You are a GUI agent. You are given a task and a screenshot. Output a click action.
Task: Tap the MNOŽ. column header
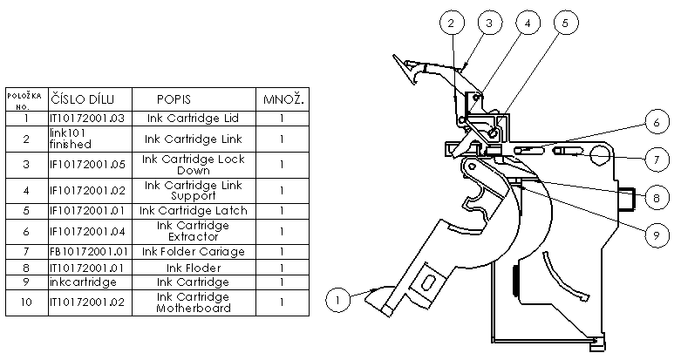coord(283,99)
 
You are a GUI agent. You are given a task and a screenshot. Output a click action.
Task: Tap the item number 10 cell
coord(27,302)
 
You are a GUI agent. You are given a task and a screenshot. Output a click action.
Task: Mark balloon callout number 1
coord(338,299)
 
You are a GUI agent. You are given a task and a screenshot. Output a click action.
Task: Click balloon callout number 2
coord(450,24)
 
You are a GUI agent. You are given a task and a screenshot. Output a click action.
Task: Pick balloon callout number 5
coord(564,24)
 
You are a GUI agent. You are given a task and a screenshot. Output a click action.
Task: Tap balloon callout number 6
coord(658,124)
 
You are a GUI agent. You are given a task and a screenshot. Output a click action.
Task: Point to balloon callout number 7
coord(658,160)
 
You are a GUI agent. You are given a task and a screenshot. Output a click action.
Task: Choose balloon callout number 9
coord(658,234)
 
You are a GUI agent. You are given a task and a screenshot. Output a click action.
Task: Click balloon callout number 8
coord(658,197)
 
